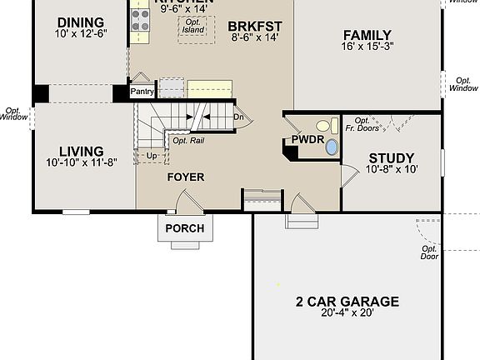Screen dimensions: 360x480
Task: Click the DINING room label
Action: point(80,22)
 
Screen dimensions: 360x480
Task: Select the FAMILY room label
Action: point(367,35)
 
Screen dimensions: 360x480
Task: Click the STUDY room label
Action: point(391,157)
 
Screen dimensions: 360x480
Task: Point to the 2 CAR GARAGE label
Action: point(347,302)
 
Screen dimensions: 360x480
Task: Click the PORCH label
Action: point(184,228)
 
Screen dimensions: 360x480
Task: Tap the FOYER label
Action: point(186,177)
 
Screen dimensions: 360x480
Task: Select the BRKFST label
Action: point(255,26)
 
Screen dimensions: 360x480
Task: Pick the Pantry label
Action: point(142,92)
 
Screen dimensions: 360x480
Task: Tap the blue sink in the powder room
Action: point(332,147)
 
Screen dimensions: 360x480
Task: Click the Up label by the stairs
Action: point(152,156)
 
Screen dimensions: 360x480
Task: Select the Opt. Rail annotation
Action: point(188,140)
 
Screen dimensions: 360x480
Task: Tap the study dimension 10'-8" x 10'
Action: point(391,169)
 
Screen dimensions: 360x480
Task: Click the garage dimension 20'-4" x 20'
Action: point(347,314)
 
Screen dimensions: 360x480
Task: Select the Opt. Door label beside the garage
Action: point(429,252)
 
